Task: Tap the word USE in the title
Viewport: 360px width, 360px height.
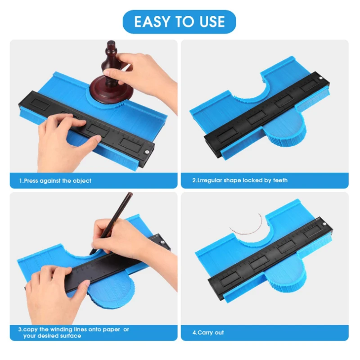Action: coord(212,22)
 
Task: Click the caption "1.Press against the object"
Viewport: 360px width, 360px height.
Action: coord(55,181)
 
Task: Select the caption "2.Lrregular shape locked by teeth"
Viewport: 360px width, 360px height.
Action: coord(240,180)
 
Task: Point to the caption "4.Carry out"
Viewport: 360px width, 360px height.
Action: coord(208,333)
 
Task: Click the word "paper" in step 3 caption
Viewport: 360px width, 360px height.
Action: coord(111,330)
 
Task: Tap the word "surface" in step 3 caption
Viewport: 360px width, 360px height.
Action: coord(69,336)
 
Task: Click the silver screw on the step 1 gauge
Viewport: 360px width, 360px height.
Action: coord(146,152)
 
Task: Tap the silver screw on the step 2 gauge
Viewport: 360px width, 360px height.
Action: coord(321,78)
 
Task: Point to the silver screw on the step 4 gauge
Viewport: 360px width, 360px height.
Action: coord(324,224)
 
